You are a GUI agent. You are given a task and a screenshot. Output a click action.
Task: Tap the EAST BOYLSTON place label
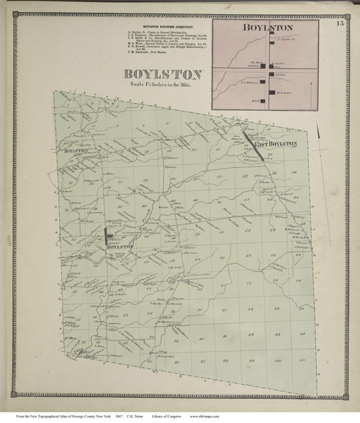(276, 144)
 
